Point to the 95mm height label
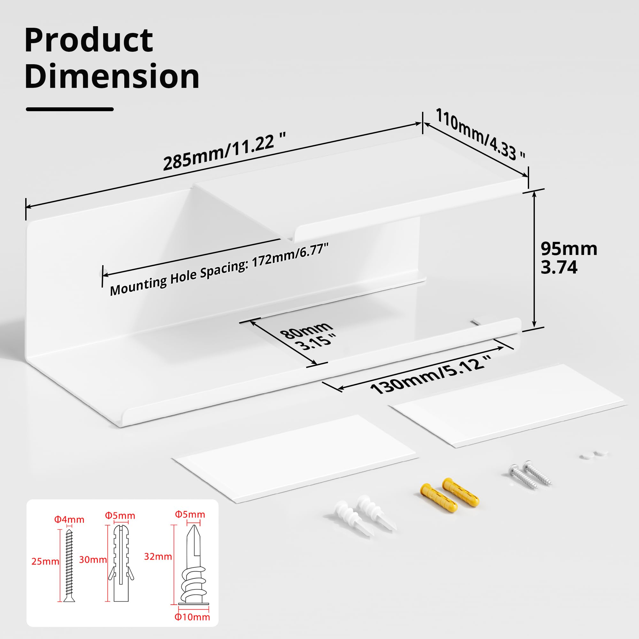[569, 248]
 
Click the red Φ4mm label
[69, 520]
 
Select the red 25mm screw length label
[45, 561]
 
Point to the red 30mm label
[93, 559]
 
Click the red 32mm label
[158, 557]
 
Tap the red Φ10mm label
[192, 617]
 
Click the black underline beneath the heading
[70, 109]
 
